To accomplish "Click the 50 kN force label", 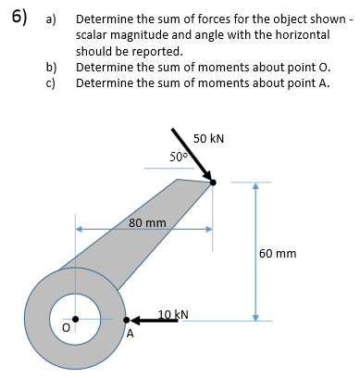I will coord(209,140).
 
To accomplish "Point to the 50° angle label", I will coord(180,156).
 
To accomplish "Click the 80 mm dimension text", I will coord(147,223).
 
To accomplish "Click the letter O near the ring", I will coord(66,327).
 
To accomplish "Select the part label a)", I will coord(53,19).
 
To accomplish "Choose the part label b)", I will coord(53,69).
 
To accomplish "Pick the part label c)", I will coord(53,83).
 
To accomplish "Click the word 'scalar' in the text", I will coord(93,34).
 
